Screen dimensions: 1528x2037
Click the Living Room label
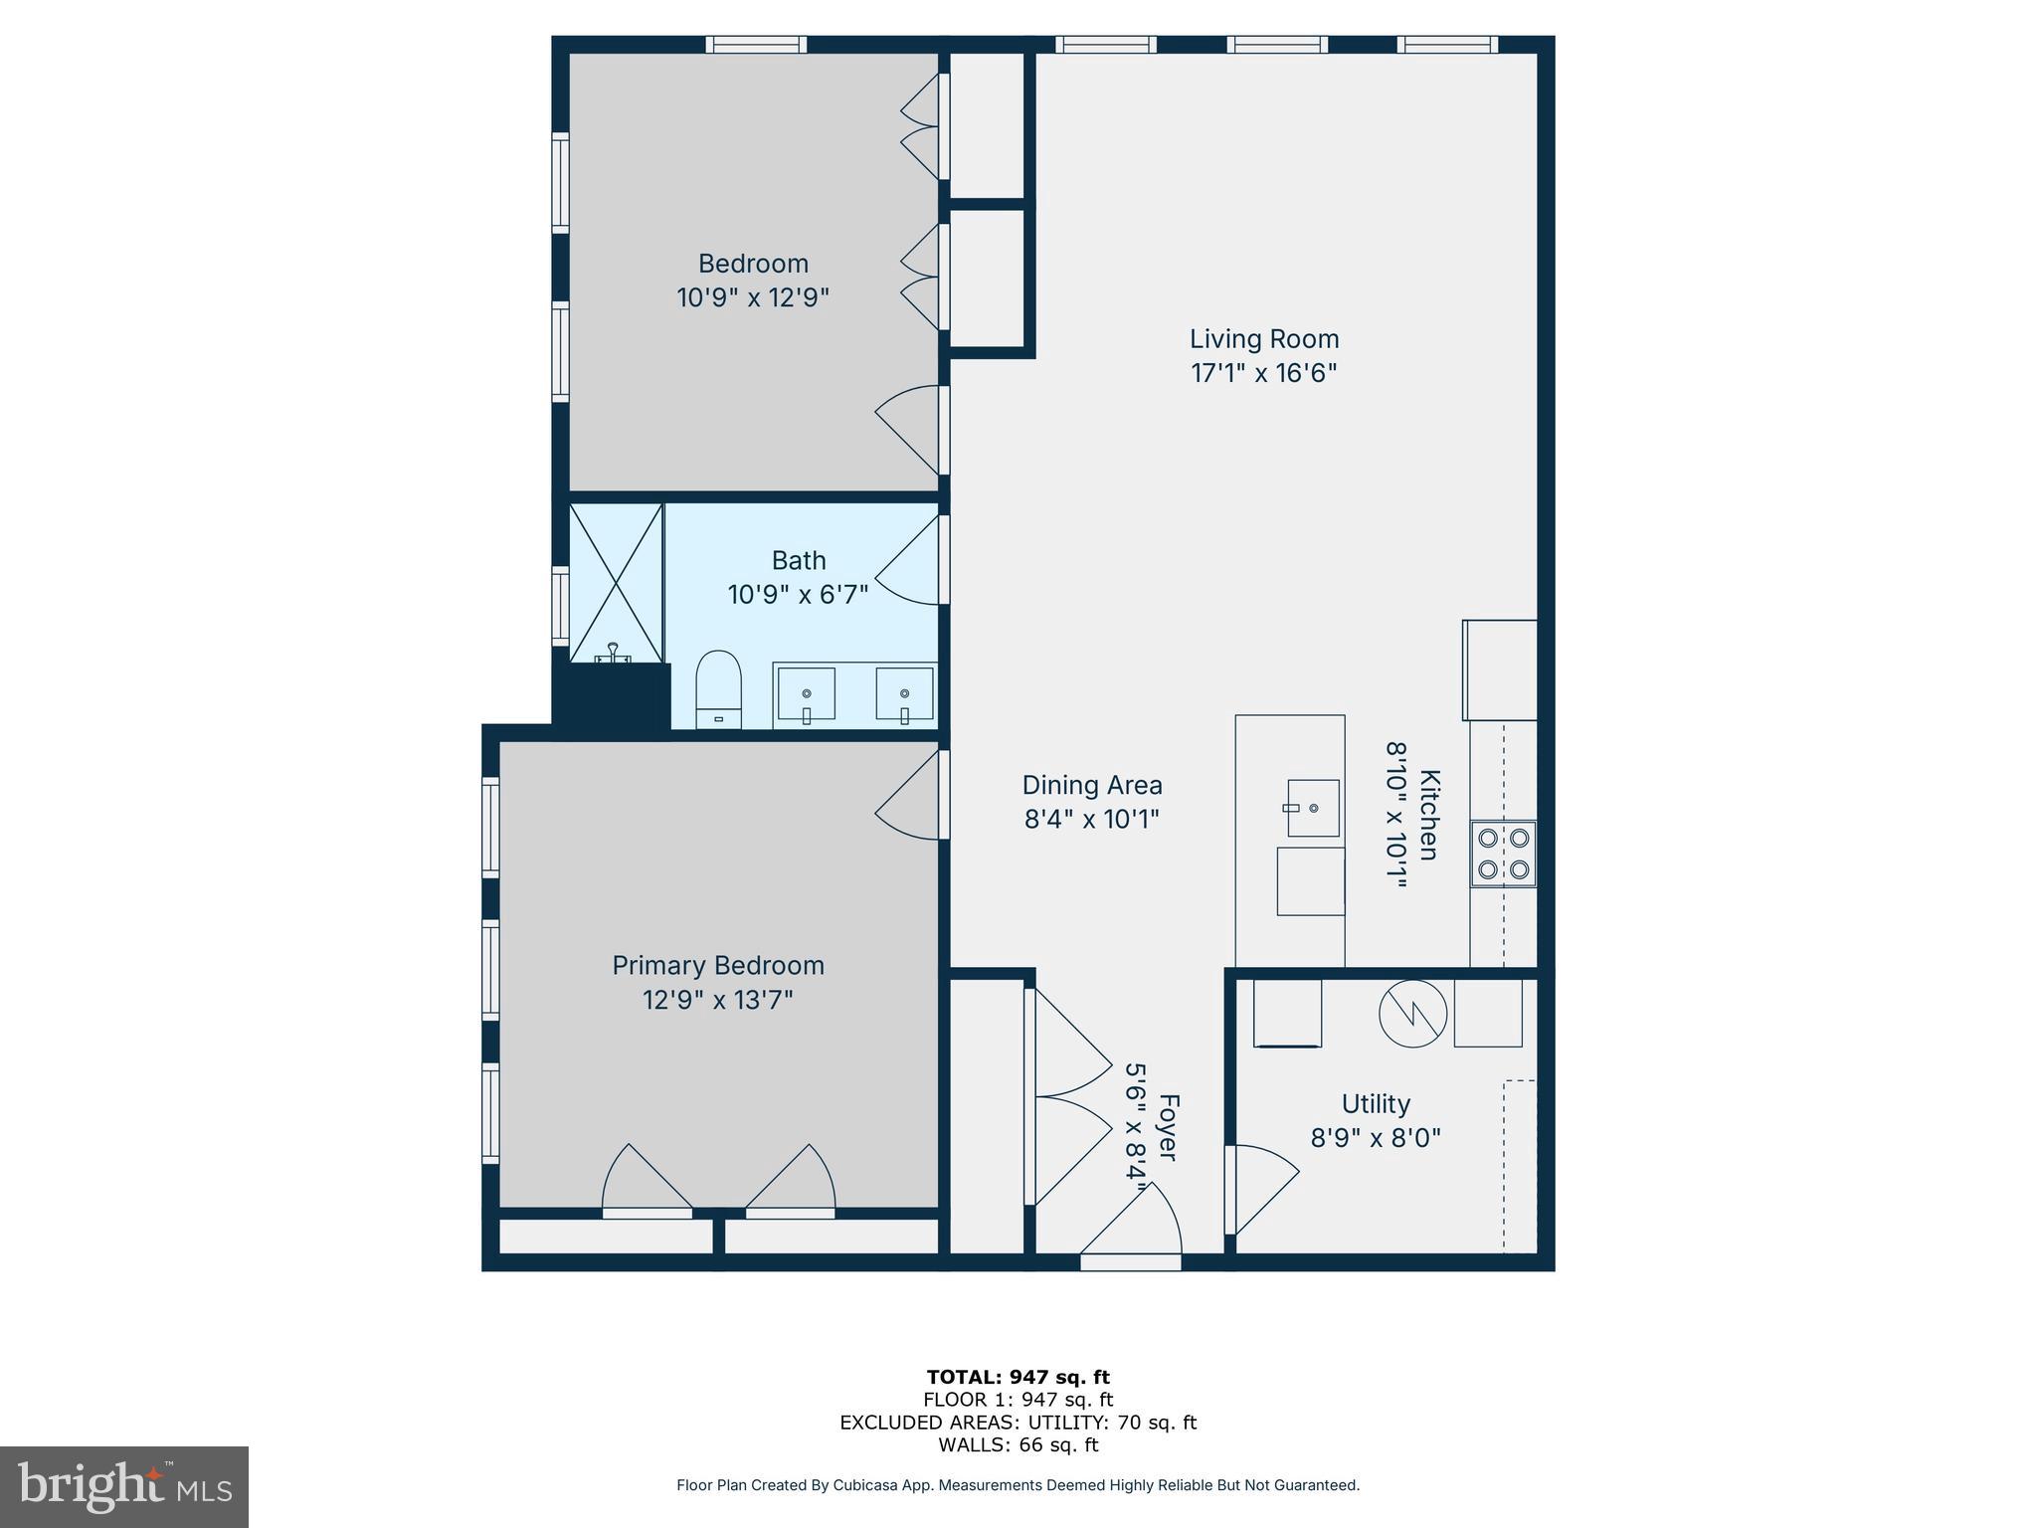(1263, 339)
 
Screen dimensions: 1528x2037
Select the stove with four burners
(1503, 854)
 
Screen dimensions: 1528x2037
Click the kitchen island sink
(1312, 808)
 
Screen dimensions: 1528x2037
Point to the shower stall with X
(616, 583)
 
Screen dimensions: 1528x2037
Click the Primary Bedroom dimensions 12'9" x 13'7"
(717, 999)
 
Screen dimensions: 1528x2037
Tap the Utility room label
(1376, 1104)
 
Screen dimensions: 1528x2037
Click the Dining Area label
(1092, 785)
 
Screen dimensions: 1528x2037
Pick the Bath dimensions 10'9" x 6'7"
(798, 595)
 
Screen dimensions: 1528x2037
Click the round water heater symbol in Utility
(1411, 1014)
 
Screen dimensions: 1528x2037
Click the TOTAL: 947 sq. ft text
(1018, 1377)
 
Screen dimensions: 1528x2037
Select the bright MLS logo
(124, 1486)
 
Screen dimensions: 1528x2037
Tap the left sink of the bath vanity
(806, 693)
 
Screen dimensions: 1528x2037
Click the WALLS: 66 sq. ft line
(1018, 1444)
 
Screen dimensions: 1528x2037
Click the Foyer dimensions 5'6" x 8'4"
(1136, 1120)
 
